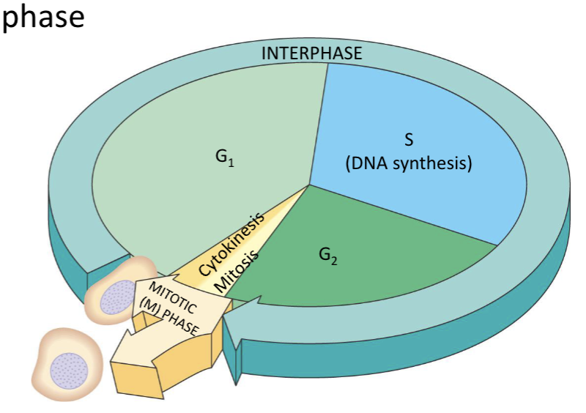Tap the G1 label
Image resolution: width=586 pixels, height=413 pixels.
click(225, 157)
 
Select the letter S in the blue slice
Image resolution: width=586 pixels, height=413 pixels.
click(409, 141)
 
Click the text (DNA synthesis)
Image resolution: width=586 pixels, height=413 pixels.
click(409, 163)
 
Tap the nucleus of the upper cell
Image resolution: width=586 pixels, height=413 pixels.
click(116, 299)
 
